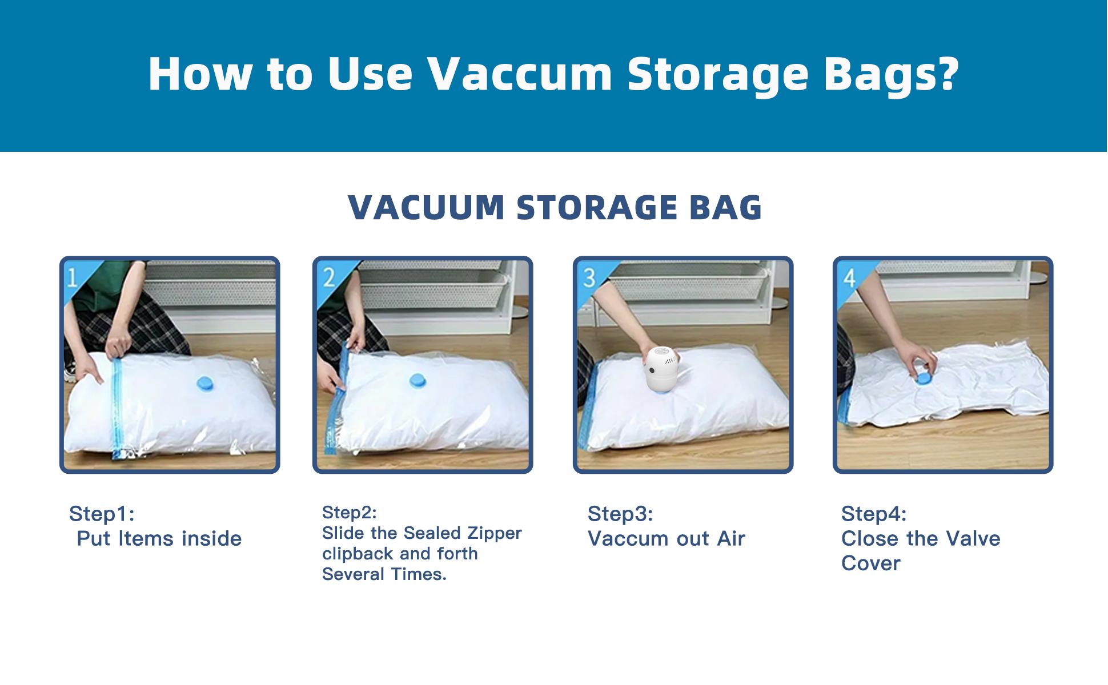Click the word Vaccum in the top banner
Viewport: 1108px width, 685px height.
519,74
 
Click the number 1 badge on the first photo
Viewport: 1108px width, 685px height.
73,277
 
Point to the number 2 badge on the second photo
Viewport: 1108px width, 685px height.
328,277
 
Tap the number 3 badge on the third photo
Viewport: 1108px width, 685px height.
589,277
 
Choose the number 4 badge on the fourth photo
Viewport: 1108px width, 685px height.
849,277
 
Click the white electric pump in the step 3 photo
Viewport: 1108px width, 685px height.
663,370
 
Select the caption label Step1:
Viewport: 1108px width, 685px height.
102,514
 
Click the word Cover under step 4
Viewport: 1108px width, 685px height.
870,563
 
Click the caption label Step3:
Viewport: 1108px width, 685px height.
620,514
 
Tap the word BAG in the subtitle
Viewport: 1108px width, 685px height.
726,207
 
